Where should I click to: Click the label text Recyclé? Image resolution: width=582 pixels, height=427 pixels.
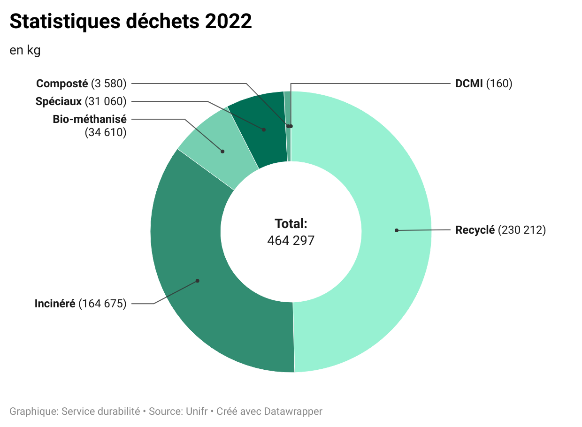coord(475,230)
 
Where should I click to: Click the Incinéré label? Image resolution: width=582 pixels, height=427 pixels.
coord(55,304)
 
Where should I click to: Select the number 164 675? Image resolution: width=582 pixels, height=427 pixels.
coord(103,304)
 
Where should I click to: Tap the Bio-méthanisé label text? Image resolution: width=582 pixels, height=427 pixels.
coord(90,119)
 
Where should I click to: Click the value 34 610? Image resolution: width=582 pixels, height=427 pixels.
coord(106,133)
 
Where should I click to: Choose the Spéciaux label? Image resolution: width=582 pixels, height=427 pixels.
coord(59,101)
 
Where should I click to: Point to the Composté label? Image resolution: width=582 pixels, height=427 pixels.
coord(62,84)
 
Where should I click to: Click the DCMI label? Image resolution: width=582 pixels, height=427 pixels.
coord(469,84)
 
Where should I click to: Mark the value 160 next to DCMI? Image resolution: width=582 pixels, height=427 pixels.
coord(499,84)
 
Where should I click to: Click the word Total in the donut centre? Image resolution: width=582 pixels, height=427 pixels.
coord(291,223)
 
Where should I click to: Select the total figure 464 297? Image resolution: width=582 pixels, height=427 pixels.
coord(291,241)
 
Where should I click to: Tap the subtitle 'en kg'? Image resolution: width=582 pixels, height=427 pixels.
coord(25,50)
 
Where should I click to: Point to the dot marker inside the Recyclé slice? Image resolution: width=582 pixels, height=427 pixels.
coord(397,230)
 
